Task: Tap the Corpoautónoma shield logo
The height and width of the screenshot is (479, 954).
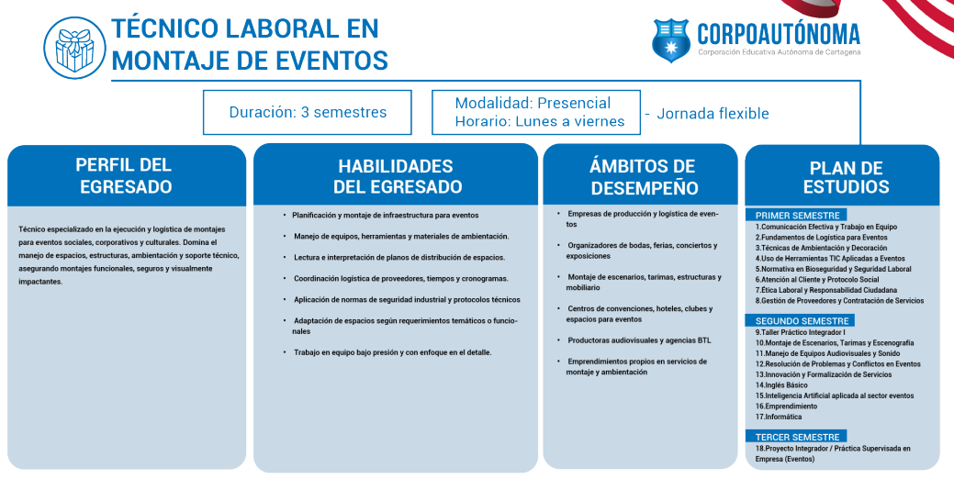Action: (x=670, y=39)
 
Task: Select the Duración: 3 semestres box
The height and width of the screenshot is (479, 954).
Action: (x=308, y=113)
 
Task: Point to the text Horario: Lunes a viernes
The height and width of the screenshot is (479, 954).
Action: (x=539, y=121)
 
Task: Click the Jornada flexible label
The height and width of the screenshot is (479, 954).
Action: (x=713, y=114)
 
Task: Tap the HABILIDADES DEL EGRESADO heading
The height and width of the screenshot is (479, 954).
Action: (x=396, y=176)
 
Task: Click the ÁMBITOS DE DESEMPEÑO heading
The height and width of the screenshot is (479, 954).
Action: (x=642, y=177)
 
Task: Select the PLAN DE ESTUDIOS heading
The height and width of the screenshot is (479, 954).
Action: (x=846, y=177)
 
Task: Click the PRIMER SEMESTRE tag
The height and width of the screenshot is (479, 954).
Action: (x=797, y=215)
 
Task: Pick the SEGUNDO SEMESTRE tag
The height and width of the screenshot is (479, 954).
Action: (x=800, y=320)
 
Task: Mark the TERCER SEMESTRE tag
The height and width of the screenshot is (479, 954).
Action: (x=797, y=437)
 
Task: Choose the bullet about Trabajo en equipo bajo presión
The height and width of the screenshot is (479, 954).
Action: (x=392, y=352)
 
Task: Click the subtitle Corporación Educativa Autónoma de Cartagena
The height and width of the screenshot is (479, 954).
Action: (x=779, y=52)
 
